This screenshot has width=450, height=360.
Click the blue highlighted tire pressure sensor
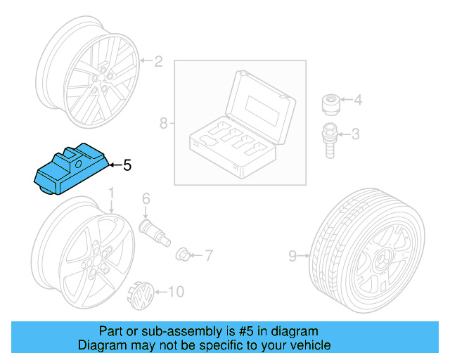click(70, 169)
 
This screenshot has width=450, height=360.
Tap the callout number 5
click(127, 166)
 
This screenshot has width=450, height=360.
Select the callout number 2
click(158, 62)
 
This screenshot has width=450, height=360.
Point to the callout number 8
click(163, 124)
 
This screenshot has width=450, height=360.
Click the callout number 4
click(358, 101)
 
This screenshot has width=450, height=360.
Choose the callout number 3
click(356, 133)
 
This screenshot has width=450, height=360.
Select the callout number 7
click(208, 253)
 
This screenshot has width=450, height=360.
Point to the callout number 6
click(146, 199)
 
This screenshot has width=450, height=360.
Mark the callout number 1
click(111, 193)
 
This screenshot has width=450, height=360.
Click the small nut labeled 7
click(183, 252)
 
